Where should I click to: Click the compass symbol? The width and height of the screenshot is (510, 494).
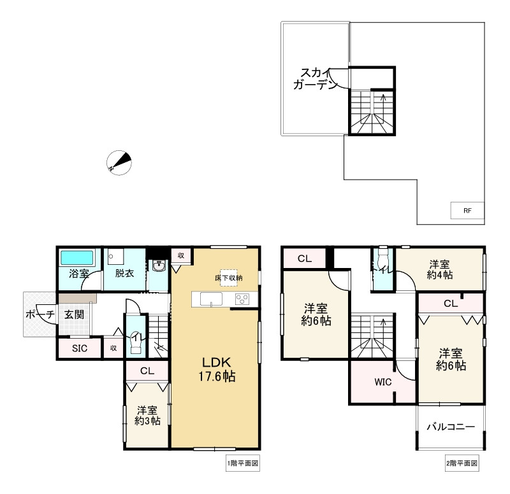click(x=119, y=162)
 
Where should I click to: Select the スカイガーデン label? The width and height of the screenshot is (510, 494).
click(x=314, y=79)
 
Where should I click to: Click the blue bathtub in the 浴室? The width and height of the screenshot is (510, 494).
click(x=76, y=258)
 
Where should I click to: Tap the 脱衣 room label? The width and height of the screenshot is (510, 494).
click(x=124, y=274)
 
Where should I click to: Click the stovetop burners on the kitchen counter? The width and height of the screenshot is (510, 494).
click(x=242, y=300)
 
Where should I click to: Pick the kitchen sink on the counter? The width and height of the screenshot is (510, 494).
click(x=211, y=300)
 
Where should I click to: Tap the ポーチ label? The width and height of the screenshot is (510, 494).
click(x=40, y=314)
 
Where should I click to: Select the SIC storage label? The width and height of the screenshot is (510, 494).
click(x=78, y=348)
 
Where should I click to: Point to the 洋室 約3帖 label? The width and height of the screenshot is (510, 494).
click(x=147, y=415)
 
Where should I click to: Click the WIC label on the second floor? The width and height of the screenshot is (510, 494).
click(x=382, y=383)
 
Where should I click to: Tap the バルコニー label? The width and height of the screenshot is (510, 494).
click(x=450, y=427)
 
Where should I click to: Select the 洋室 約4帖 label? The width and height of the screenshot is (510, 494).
click(x=441, y=269)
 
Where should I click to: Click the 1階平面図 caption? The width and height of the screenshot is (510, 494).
click(x=242, y=463)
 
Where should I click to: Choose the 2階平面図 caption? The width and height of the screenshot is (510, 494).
click(x=461, y=463)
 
